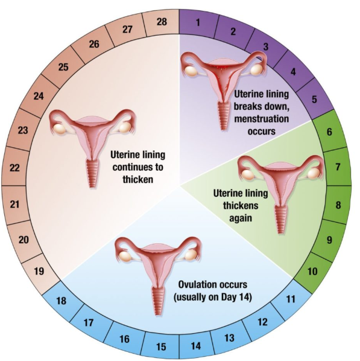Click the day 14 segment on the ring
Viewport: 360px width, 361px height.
point(196,346)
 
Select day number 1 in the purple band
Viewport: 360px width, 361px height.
point(198,22)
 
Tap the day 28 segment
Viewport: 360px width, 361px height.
point(162,22)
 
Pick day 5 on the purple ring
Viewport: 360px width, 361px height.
point(314,99)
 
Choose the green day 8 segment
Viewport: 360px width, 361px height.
point(338,205)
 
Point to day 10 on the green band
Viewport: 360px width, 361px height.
point(312,271)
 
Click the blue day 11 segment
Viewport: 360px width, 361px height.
point(291,299)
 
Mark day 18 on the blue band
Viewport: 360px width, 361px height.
point(61,301)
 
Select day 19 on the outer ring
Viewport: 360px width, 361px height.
point(39,271)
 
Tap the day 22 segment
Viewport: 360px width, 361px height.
point(14,168)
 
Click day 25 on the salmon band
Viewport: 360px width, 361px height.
point(63,67)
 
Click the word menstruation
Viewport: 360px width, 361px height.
point(262,119)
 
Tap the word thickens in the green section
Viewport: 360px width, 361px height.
point(241,205)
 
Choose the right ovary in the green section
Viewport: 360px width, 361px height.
point(314,174)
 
